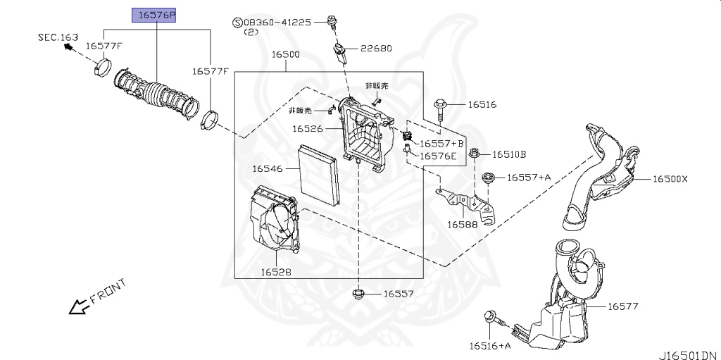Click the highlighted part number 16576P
coord(156,14)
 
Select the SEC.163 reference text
coord(58,37)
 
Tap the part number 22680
coord(376,49)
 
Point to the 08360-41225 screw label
coord(277,23)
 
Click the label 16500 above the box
coord(286,54)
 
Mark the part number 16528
coord(276,271)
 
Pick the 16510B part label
coord(508,154)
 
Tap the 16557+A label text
coord(529,178)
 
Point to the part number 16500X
coord(670,179)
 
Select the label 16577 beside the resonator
coord(622,306)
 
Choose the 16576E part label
coord(438,156)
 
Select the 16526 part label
coord(308,129)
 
